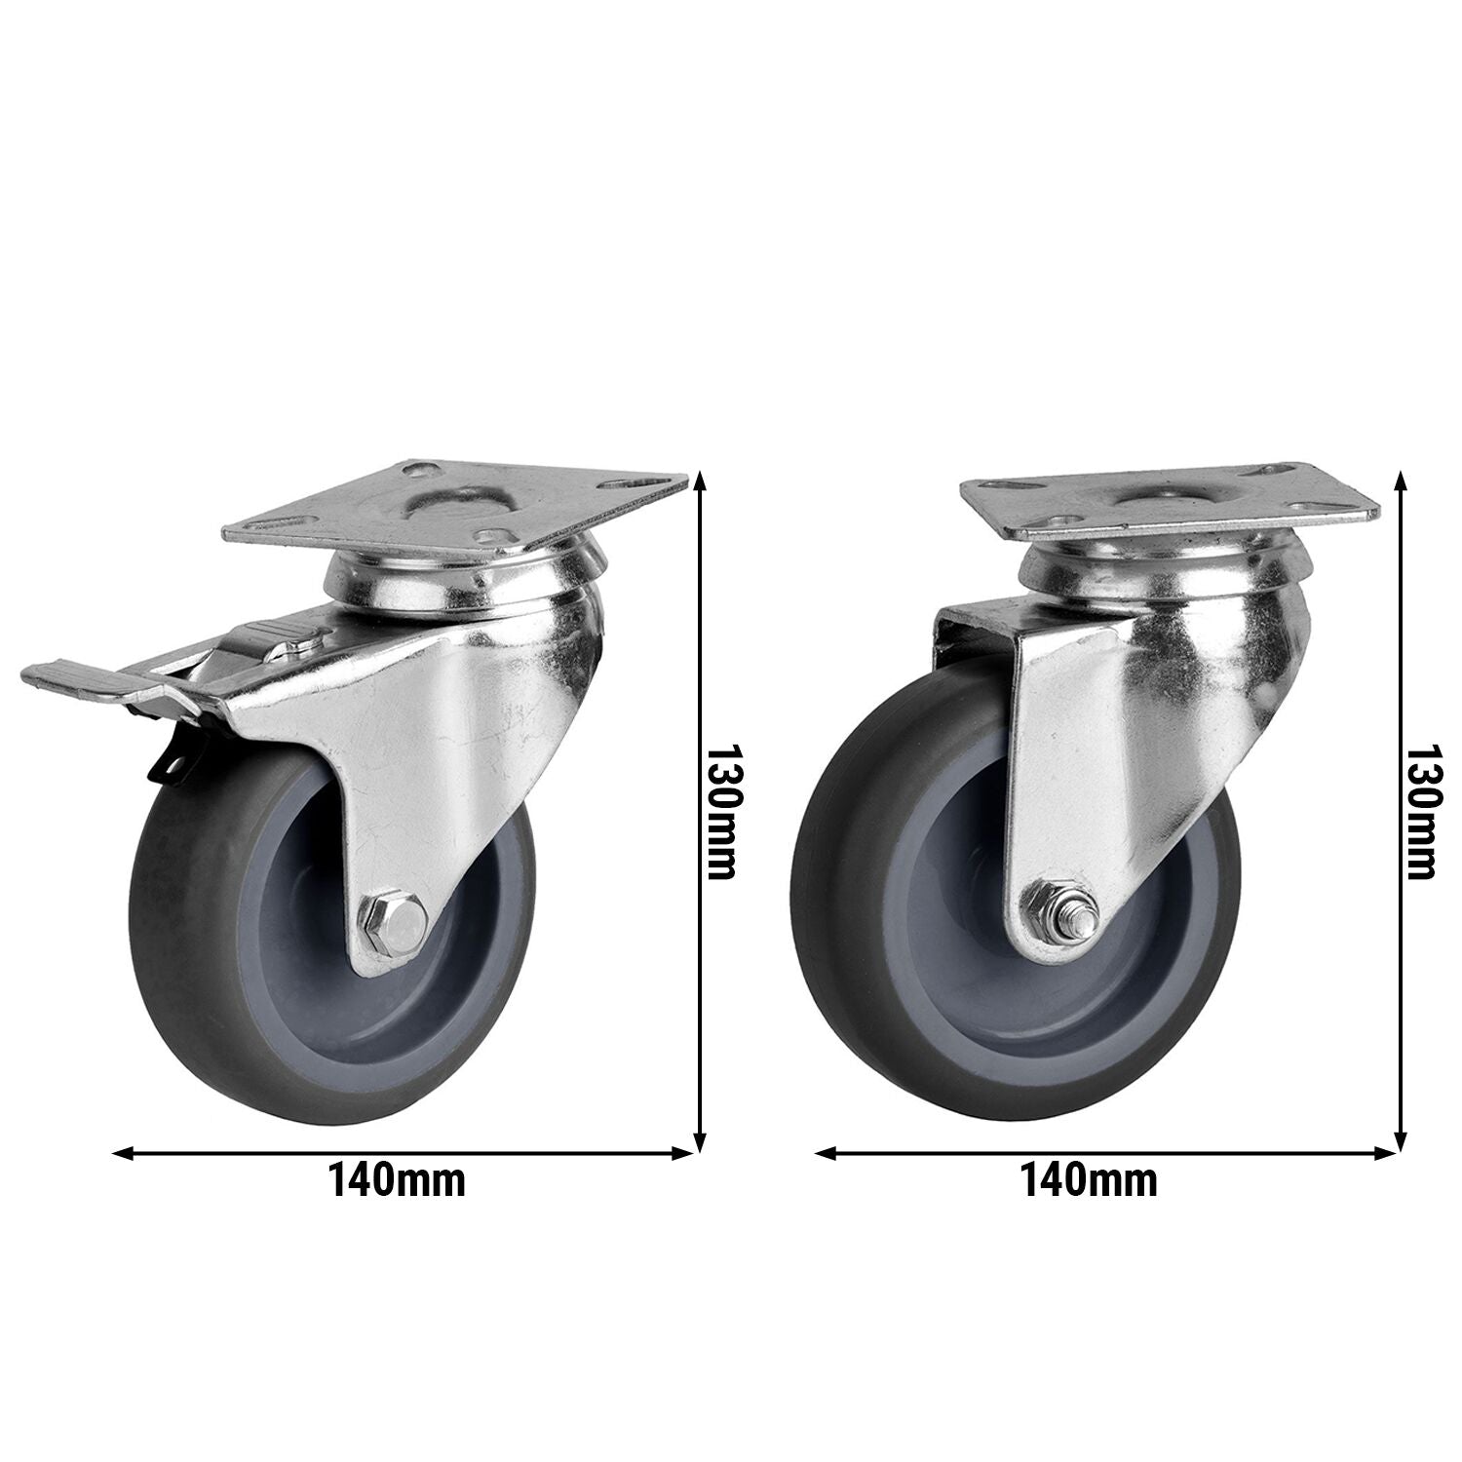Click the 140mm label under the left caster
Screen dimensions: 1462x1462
tap(397, 1181)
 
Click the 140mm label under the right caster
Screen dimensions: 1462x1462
tap(1089, 1181)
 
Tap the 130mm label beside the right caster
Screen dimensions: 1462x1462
tap(1422, 814)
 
